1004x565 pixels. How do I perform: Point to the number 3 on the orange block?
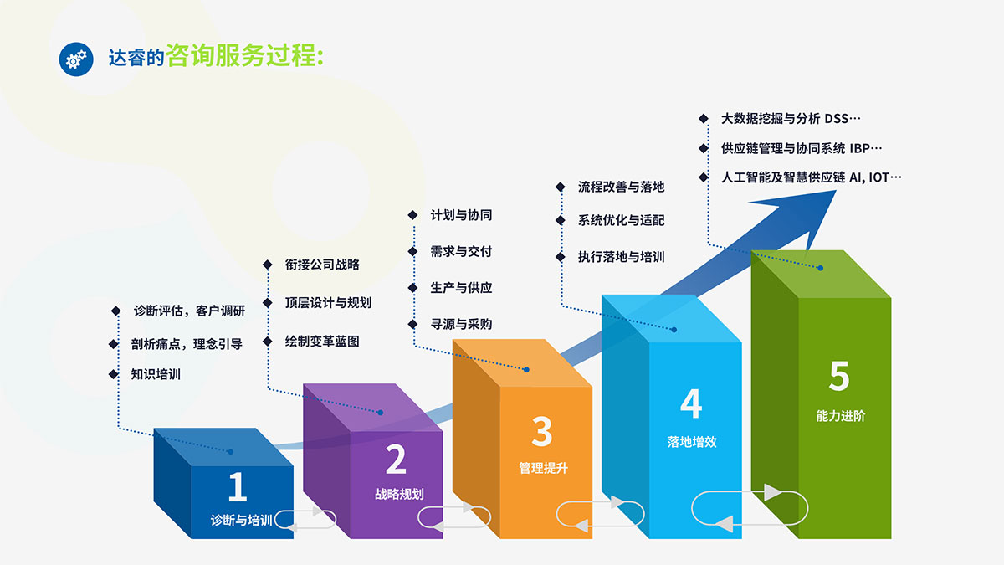(541, 433)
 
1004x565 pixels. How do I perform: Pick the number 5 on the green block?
(839, 377)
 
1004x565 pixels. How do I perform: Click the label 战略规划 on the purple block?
(399, 494)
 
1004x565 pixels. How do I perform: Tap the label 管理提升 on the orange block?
(543, 468)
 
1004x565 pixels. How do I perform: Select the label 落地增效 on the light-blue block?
(692, 442)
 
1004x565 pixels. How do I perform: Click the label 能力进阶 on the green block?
(841, 415)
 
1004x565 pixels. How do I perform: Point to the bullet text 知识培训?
(156, 374)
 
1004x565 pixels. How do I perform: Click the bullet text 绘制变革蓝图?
(322, 342)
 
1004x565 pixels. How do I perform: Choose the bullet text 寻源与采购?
(461, 324)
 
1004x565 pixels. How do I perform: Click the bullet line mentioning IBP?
(802, 148)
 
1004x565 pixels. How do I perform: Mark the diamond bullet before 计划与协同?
(412, 215)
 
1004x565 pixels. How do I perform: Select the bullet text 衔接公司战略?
(322, 265)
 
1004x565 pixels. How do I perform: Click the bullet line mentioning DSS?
(791, 118)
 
